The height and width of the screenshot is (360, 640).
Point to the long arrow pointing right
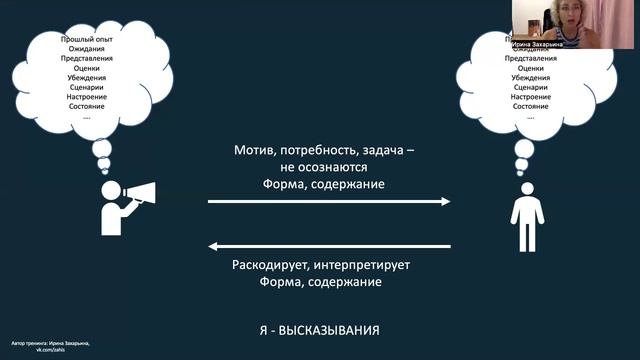329,201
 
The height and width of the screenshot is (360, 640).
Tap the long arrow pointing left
329,246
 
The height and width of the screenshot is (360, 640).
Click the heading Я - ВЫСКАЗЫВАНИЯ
319,328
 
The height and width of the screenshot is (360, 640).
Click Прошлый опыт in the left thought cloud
86,39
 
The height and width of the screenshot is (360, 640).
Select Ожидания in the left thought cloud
86,49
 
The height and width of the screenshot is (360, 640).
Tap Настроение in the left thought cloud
86,98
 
